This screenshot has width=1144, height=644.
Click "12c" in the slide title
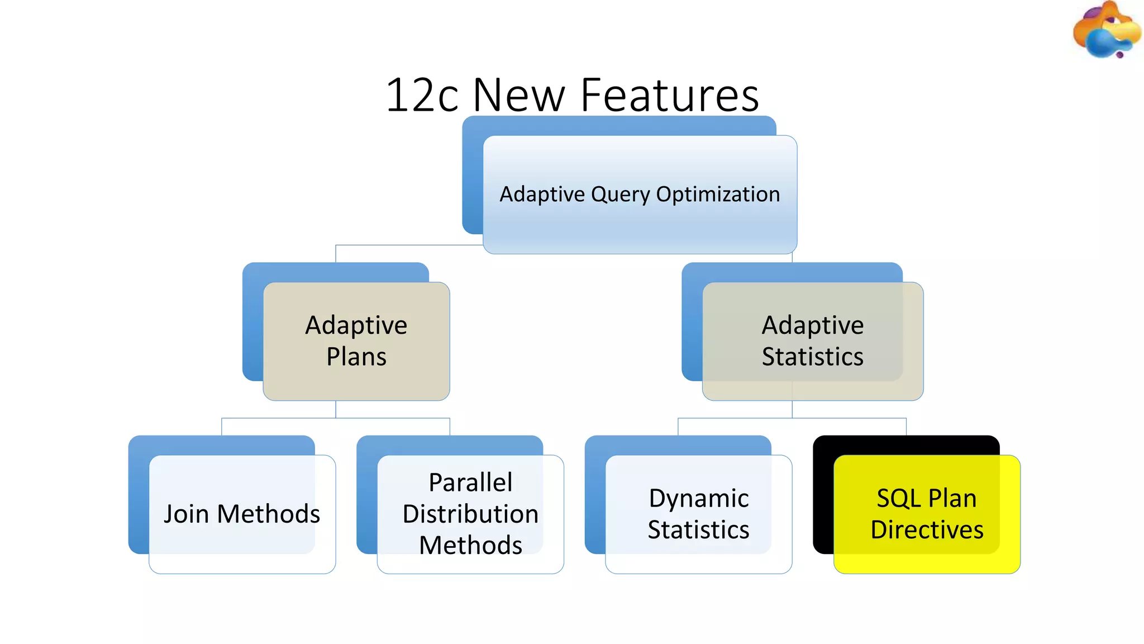pos(422,95)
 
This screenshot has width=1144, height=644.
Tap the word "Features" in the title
pos(670,95)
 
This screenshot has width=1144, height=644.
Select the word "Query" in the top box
pos(621,195)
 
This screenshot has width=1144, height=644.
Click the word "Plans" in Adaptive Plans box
pos(356,357)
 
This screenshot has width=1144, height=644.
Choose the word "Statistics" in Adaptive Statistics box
pos(813,357)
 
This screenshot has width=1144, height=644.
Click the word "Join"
pos(187,514)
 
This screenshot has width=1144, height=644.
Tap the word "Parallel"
pos(470,482)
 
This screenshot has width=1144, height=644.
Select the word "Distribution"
pos(470,514)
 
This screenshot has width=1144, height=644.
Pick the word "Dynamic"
pos(699,498)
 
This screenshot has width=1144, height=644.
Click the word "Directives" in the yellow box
pos(927,529)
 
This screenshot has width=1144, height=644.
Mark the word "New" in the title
pos(519,95)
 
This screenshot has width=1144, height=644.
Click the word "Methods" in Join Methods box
pos(269,514)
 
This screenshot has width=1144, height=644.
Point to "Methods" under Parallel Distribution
pos(470,545)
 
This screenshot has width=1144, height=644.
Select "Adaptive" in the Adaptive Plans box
pos(356,325)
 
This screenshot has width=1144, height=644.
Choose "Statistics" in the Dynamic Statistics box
pos(699,529)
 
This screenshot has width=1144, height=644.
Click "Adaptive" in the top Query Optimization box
pos(542,195)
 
